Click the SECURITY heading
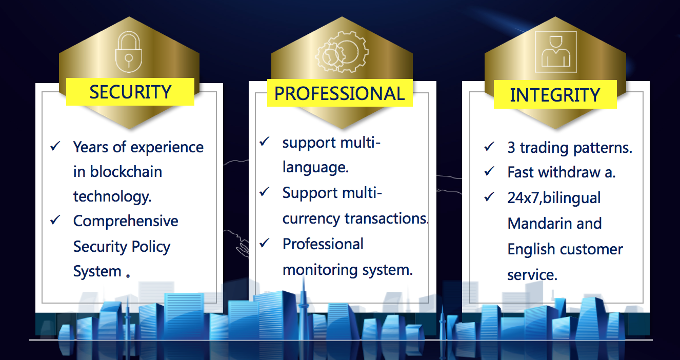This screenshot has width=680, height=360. [x=131, y=92]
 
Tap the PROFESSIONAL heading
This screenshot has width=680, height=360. [x=339, y=93]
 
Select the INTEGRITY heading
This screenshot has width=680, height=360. [x=555, y=95]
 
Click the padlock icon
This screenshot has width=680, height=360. [x=129, y=52]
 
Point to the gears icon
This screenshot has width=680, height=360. [x=342, y=52]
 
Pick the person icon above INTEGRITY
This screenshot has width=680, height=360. [x=555, y=52]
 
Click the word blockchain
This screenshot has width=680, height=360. [x=126, y=172]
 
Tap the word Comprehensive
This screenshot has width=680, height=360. [x=126, y=221]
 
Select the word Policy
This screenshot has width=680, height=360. [x=151, y=247]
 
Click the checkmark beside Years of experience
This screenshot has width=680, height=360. [x=55, y=146]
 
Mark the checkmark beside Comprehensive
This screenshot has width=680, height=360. [x=55, y=220]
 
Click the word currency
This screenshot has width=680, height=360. [x=311, y=219]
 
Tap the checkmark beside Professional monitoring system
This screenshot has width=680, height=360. [x=265, y=243]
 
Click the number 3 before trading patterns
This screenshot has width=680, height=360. [x=511, y=148]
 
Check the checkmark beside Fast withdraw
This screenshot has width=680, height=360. [x=489, y=171]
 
